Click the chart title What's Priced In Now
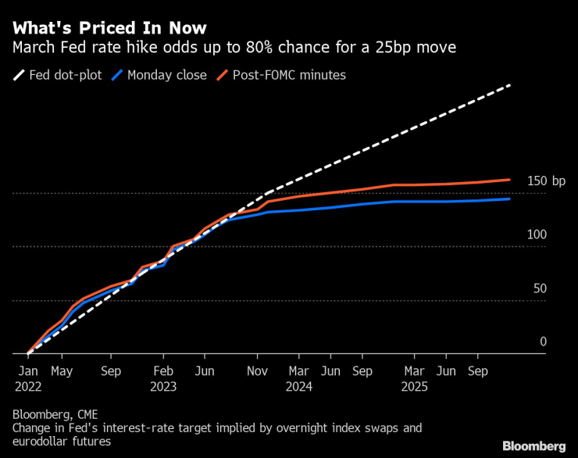(x=109, y=28)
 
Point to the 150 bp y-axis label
(x=546, y=181)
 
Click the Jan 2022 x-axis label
(x=28, y=378)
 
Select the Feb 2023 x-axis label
(x=163, y=378)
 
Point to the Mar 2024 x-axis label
(x=298, y=378)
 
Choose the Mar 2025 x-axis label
(x=413, y=378)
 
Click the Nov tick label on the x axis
(x=257, y=371)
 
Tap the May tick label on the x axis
(x=62, y=371)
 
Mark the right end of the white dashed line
(x=510, y=84)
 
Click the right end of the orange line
(x=509, y=180)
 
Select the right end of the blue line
(x=509, y=199)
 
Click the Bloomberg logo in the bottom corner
(x=533, y=445)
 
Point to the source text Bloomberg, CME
(x=55, y=413)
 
